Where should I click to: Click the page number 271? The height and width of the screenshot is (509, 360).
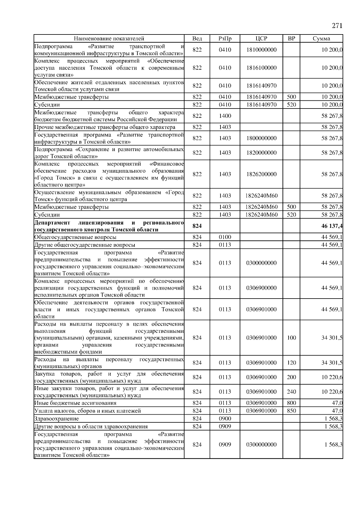(x=337, y=26)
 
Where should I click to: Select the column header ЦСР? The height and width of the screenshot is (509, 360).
(x=261, y=38)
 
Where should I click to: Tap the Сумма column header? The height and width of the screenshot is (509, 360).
(x=321, y=38)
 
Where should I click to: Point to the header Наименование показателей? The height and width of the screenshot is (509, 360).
(x=109, y=38)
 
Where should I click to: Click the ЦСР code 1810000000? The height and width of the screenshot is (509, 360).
(x=261, y=50)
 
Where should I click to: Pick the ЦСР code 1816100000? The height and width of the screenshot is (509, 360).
(x=261, y=68)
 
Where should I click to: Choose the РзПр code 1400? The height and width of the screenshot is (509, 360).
(x=225, y=116)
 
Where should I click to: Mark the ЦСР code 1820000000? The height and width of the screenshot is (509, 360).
(x=261, y=153)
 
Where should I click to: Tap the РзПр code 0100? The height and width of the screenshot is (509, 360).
(x=225, y=237)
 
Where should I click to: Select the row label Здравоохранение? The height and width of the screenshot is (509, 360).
(x=57, y=419)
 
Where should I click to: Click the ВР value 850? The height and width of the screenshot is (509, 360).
(x=291, y=411)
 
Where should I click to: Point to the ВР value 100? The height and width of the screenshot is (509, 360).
(x=291, y=338)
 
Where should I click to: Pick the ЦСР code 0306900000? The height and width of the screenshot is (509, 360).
(x=261, y=288)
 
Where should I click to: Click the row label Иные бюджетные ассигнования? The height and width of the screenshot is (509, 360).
(x=75, y=403)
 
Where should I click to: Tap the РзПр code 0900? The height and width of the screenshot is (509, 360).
(x=225, y=419)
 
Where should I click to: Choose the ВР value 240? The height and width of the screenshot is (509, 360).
(x=291, y=392)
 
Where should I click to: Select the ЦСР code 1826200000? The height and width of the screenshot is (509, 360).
(x=261, y=174)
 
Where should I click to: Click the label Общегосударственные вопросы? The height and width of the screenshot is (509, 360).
(x=75, y=237)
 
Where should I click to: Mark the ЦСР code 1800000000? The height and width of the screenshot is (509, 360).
(x=261, y=138)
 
